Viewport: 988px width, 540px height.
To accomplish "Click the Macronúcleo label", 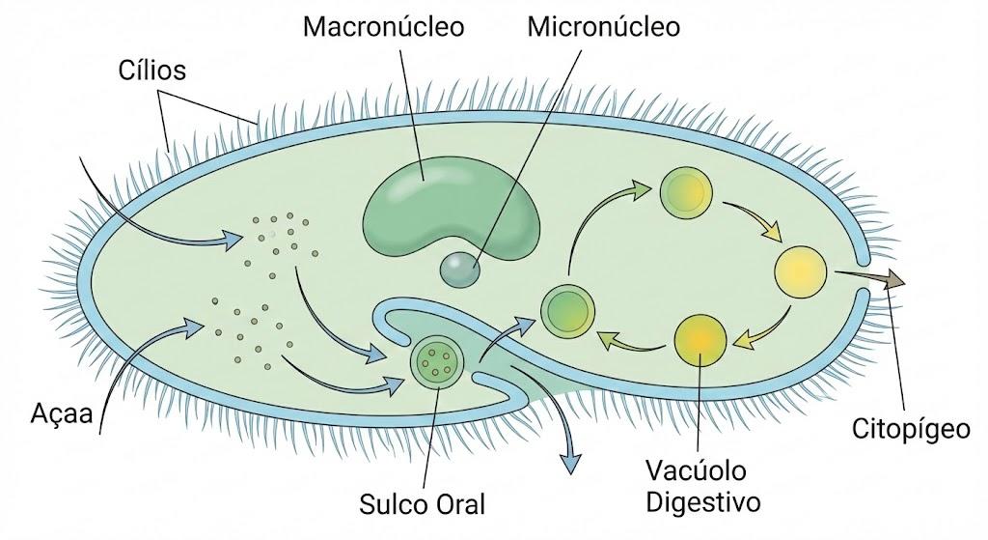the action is pyautogui.click(x=383, y=27).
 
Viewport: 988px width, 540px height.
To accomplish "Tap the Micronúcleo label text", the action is pyautogui.click(x=604, y=27).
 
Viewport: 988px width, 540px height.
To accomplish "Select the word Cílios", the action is pyautogui.click(x=151, y=70).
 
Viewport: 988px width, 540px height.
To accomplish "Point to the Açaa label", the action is pyautogui.click(x=62, y=413).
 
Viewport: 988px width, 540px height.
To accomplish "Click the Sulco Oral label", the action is pyautogui.click(x=423, y=504).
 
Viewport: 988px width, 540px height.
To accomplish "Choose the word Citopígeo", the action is pyautogui.click(x=911, y=430).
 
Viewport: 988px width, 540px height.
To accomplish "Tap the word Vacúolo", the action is pyautogui.click(x=696, y=470).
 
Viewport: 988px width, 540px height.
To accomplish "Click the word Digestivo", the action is pyautogui.click(x=703, y=502).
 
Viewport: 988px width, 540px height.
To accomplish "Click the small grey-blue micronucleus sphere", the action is pyautogui.click(x=459, y=270).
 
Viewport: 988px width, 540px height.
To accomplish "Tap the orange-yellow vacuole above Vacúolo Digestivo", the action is pyautogui.click(x=700, y=340).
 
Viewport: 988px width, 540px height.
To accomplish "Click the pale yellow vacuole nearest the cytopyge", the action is pyautogui.click(x=800, y=271).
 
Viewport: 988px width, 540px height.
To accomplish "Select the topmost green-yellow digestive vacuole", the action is pyautogui.click(x=686, y=191).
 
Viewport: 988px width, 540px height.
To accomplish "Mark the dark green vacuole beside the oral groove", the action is pyautogui.click(x=568, y=310).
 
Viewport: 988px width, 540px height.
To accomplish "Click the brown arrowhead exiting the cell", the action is pyautogui.click(x=894, y=277).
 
